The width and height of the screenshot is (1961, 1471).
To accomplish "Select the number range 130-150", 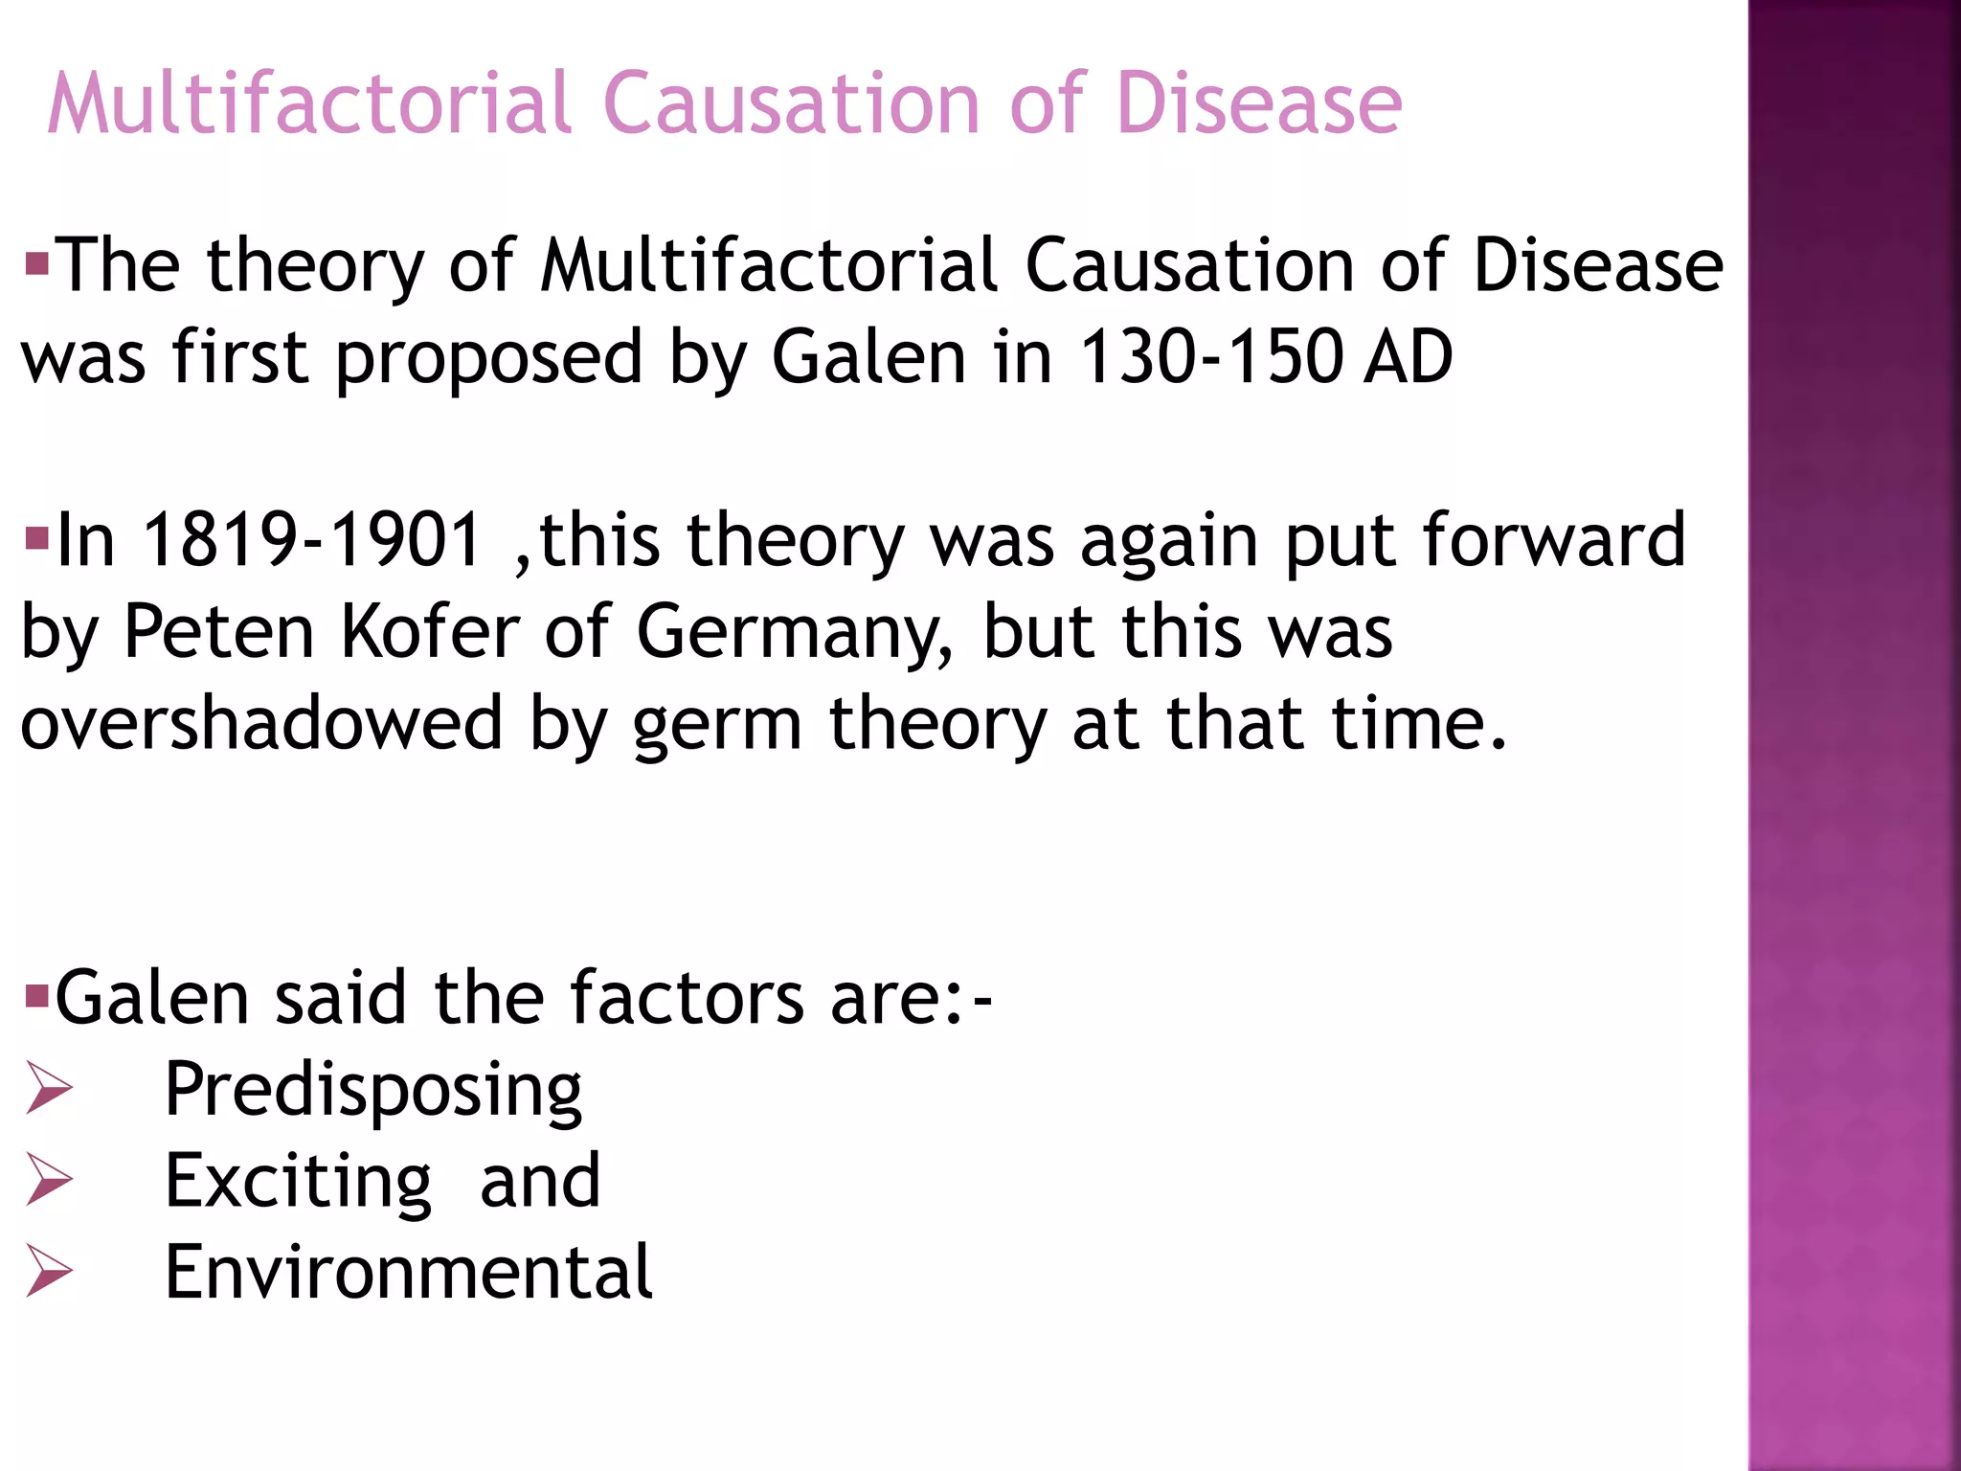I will pyautogui.click(x=1208, y=357).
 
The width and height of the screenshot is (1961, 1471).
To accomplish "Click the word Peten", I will pyautogui.click(x=219, y=631).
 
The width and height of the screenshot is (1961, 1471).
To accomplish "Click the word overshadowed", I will pyautogui.click(x=261, y=723).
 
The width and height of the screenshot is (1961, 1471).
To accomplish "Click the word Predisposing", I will pyautogui.click(x=372, y=1091).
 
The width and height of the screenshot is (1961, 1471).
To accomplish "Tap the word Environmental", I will pyautogui.click(x=408, y=1272).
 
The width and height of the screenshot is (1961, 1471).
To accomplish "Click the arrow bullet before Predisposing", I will pyautogui.click(x=49, y=1089).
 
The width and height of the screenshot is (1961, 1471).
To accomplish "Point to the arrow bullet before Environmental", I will pyautogui.click(x=49, y=1272).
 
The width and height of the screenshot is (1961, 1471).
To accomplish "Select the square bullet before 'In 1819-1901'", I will pyautogui.click(x=37, y=538).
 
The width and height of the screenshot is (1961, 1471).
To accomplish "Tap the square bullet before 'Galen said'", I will pyautogui.click(x=37, y=997).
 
